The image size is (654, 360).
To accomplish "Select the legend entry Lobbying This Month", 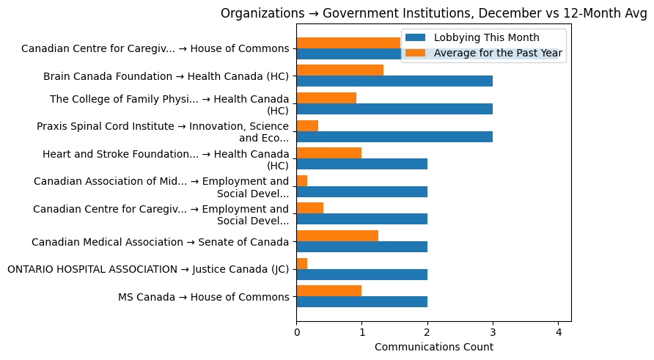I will pyautogui.click(x=486, y=37).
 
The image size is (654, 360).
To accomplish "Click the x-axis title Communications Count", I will pyautogui.click(x=433, y=347).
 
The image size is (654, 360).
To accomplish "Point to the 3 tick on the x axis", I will pyautogui.click(x=493, y=331).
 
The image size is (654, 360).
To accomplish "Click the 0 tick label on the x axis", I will pyautogui.click(x=296, y=331).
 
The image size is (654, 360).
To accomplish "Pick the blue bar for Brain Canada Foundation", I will pyautogui.click(x=394, y=81).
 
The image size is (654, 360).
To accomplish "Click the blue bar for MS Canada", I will pyautogui.click(x=361, y=301).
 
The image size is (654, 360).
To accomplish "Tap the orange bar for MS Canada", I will pyautogui.click(x=328, y=290).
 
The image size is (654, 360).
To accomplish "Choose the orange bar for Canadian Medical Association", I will pyautogui.click(x=337, y=235).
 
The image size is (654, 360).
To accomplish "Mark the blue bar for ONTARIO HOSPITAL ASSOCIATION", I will pyautogui.click(x=361, y=274).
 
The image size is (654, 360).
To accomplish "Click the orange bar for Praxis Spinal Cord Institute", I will pyautogui.click(x=307, y=125).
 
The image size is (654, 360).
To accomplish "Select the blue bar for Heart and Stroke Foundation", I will pyautogui.click(x=361, y=164).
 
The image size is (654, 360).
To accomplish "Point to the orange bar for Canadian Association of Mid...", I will pyautogui.click(x=301, y=180).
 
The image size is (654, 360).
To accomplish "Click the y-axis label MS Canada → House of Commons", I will pyautogui.click(x=204, y=297).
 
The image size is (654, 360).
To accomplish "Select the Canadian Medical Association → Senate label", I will pyautogui.click(x=161, y=242).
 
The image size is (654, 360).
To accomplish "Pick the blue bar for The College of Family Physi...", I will pyautogui.click(x=394, y=109).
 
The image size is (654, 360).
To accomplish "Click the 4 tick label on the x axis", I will pyautogui.click(x=558, y=331).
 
